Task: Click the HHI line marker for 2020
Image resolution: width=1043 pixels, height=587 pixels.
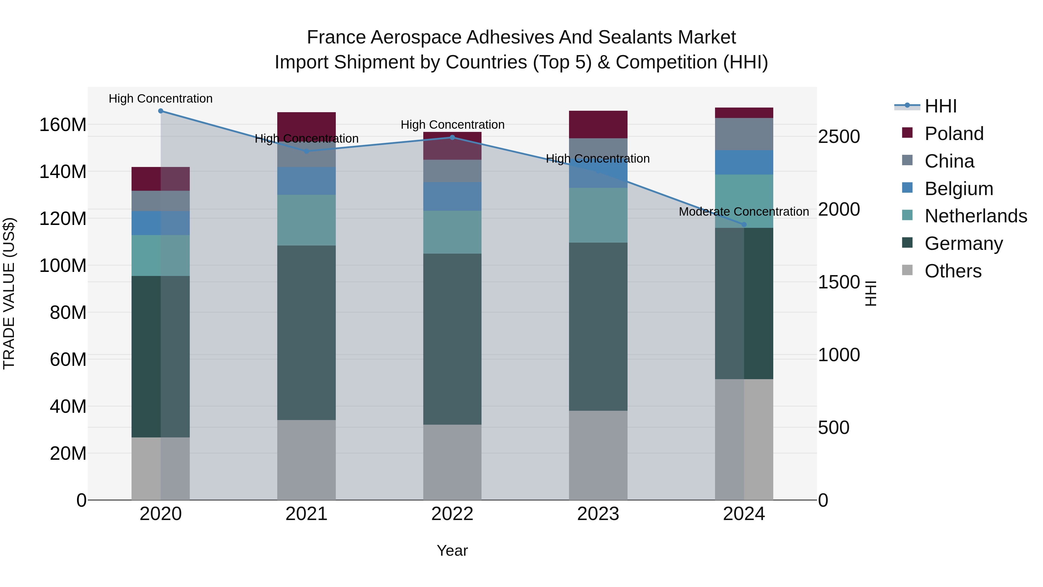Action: pos(161,111)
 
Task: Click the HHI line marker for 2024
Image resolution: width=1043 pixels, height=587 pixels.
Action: pos(744,224)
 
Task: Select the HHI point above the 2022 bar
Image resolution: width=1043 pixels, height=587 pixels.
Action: pos(452,137)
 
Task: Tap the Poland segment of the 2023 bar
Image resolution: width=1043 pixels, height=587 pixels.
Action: pos(598,124)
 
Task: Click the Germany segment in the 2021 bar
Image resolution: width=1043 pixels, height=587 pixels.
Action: pos(307,332)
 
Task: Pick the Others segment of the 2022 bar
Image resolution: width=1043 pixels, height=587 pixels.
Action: pos(452,462)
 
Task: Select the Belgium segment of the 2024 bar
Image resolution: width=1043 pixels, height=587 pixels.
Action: pos(744,162)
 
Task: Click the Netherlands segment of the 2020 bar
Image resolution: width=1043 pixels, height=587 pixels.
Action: pos(161,255)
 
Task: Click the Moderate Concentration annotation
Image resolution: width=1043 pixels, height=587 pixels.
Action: pos(744,212)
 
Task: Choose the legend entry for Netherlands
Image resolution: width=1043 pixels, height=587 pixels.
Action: pos(976,216)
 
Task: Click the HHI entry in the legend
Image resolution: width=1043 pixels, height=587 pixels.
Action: pos(940,106)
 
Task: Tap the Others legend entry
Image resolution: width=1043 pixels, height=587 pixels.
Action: pos(953,271)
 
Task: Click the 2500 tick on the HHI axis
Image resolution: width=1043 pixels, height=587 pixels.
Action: pos(838,137)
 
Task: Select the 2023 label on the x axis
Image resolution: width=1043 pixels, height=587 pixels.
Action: pos(598,514)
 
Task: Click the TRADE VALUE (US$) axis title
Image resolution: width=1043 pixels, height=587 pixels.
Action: pos(9,293)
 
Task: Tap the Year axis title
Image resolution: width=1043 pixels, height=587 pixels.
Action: pos(452,550)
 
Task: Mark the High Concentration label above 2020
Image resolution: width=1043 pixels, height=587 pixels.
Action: pos(161,99)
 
